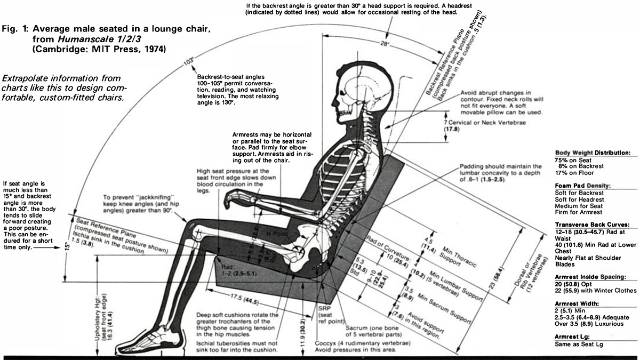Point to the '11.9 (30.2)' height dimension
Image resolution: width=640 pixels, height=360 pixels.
point(289,336)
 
